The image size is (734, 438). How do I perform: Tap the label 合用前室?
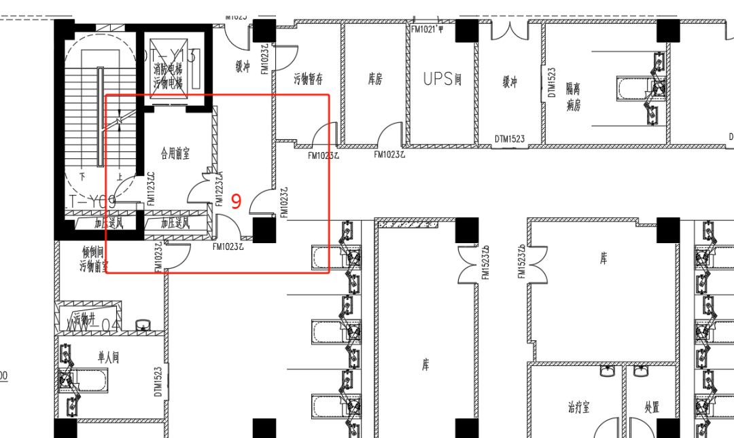175,154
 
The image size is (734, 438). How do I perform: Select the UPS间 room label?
442,79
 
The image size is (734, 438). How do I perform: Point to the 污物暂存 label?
308,79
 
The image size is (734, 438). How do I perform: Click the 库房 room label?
374,79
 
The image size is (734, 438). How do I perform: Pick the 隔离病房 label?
574,97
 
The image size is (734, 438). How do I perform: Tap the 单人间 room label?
109,358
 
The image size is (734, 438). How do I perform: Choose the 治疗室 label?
578,407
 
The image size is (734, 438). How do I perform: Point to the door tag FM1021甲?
427,29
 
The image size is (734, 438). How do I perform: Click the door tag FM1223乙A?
220,188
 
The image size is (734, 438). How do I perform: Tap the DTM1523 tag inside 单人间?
158,383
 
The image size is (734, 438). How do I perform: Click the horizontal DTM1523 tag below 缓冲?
510,139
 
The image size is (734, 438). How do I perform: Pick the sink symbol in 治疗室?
608,372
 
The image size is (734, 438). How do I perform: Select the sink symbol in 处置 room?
641,371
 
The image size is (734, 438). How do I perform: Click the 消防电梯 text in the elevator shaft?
167,69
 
